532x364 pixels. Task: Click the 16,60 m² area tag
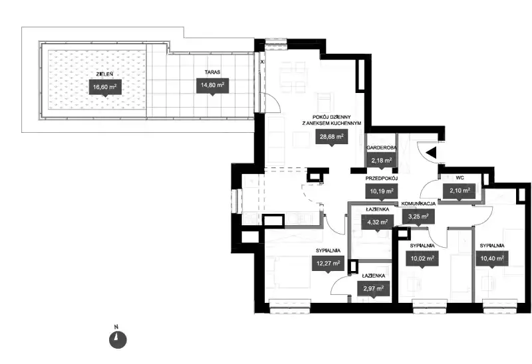(x=105, y=87)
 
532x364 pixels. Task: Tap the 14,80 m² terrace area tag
(x=212, y=86)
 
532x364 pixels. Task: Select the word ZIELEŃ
(x=105, y=74)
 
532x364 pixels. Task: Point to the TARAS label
(x=212, y=72)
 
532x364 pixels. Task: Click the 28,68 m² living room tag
(x=331, y=137)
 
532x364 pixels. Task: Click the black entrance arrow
(x=431, y=153)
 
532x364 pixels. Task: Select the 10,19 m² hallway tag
(x=381, y=191)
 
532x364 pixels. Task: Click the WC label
(x=460, y=177)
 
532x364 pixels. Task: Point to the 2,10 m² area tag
(x=460, y=191)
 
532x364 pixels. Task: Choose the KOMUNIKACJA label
(x=418, y=204)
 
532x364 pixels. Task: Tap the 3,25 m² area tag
(x=418, y=216)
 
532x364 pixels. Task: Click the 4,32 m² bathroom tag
(x=377, y=223)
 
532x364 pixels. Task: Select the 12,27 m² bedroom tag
(x=328, y=263)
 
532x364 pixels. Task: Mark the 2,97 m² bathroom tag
(x=373, y=289)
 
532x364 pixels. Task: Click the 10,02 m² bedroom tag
(x=422, y=258)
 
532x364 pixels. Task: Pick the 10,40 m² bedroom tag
(x=492, y=258)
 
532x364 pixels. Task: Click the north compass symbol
(x=118, y=339)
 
